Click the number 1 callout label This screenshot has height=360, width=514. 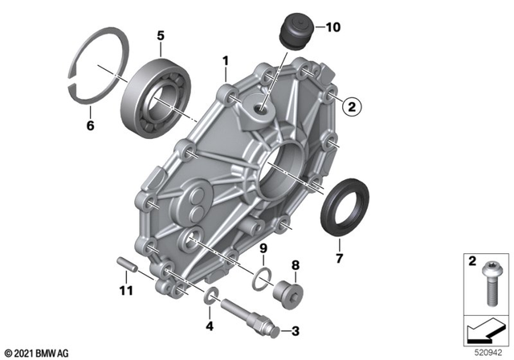pyautogui.click(x=226, y=60)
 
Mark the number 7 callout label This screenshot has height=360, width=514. pyautogui.click(x=338, y=260)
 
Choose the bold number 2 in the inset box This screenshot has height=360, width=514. pyautogui.click(x=471, y=262)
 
